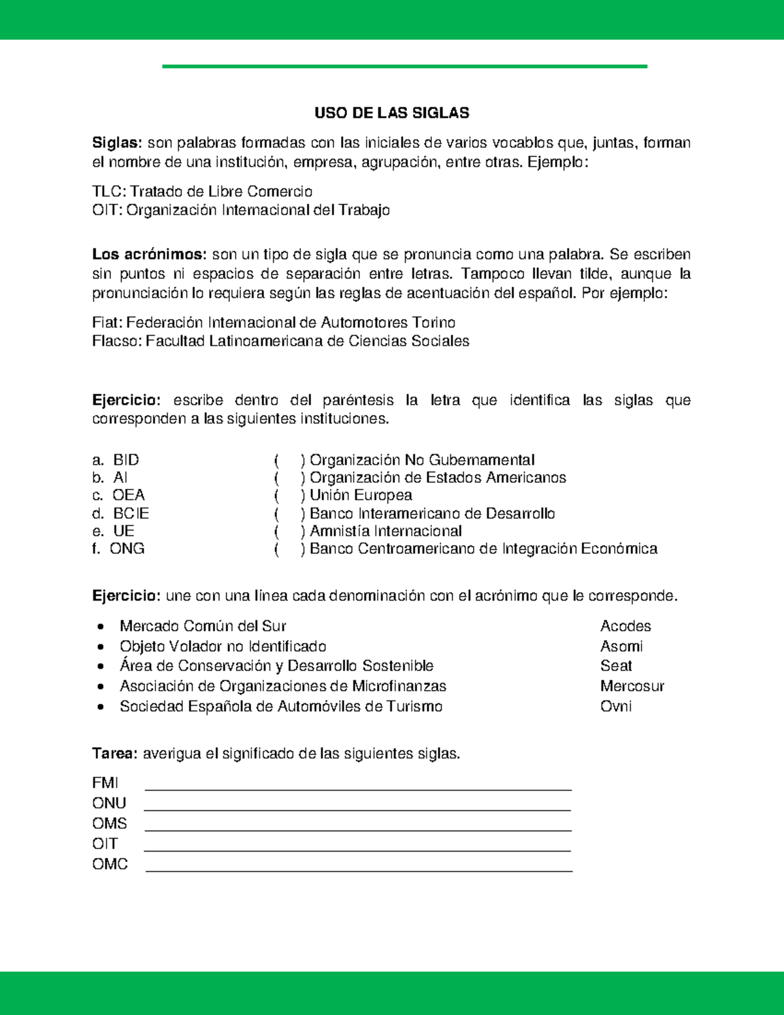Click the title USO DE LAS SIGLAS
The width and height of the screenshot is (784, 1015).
[391, 113]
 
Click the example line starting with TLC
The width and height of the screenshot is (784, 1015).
[202, 191]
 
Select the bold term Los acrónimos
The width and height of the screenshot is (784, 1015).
[149, 254]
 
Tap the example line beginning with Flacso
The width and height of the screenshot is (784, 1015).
[280, 341]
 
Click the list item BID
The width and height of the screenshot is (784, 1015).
[125, 460]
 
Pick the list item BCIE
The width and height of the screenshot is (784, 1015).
[131, 514]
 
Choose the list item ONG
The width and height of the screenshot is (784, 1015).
[127, 549]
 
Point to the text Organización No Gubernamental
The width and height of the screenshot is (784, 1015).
[421, 460]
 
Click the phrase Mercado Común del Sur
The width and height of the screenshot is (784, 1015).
[203, 626]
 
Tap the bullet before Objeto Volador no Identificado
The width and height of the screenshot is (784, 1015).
[101, 647]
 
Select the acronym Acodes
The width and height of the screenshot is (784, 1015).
[625, 626]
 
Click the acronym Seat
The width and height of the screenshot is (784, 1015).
[615, 666]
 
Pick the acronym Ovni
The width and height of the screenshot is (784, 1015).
[615, 707]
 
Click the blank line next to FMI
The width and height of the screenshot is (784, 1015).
[357, 788]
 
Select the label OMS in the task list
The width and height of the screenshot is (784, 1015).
[109, 824]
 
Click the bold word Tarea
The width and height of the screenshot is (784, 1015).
[114, 754]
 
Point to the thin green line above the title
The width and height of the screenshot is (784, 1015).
[404, 66]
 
